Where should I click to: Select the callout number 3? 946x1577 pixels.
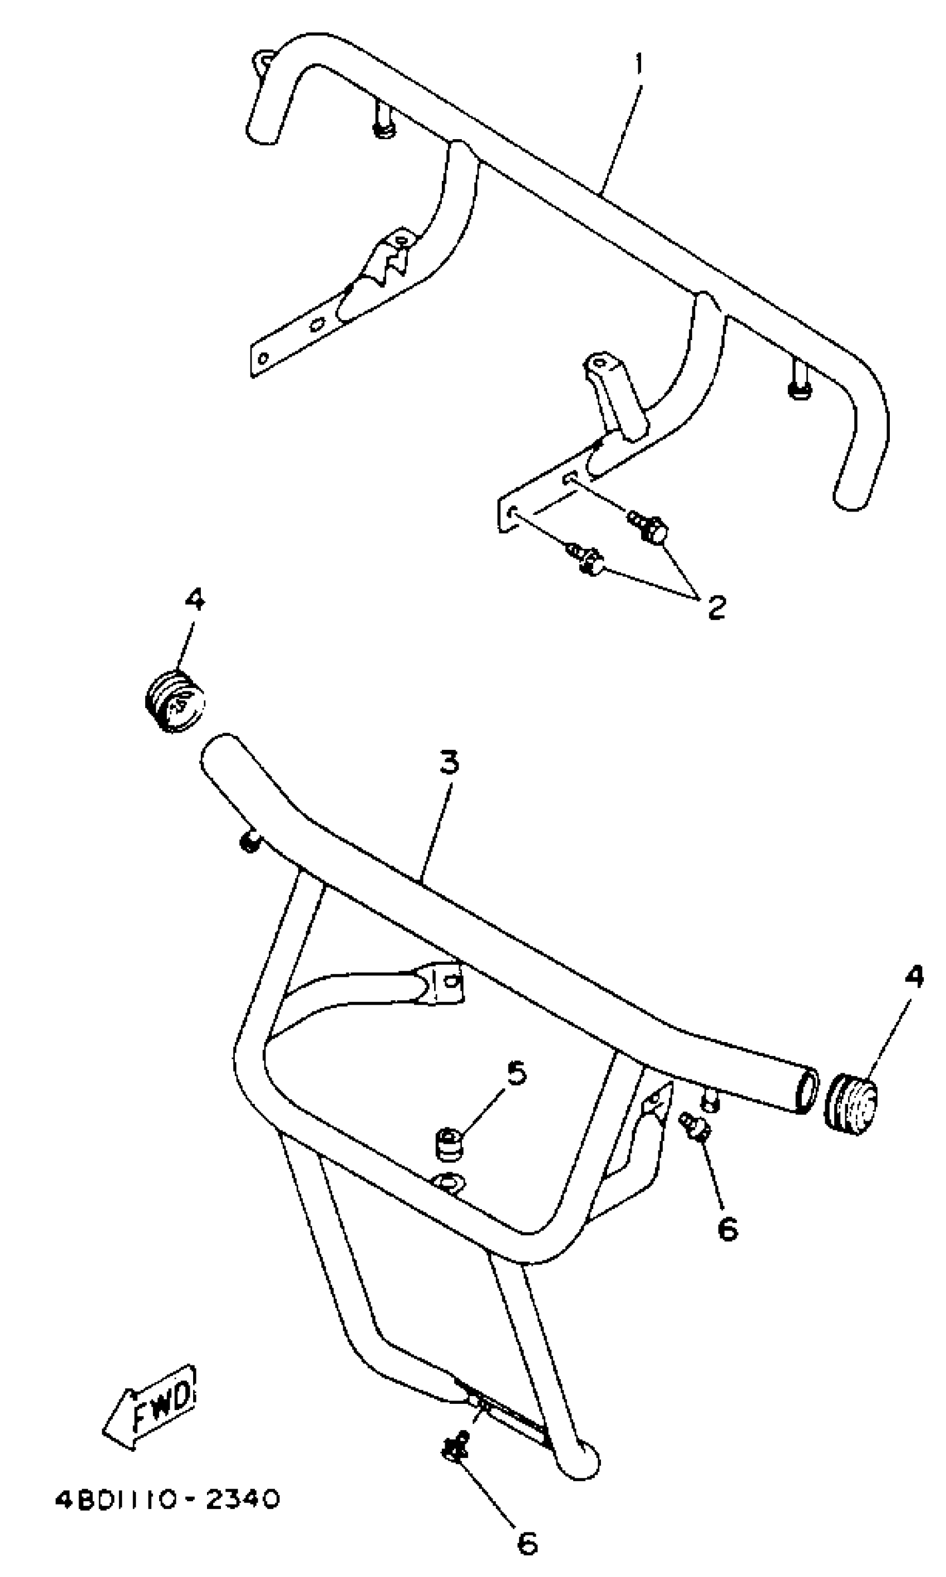pyautogui.click(x=450, y=762)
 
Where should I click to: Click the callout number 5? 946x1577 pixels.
pyautogui.click(x=517, y=1072)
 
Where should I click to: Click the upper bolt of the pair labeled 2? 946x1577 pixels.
pyautogui.click(x=649, y=527)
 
